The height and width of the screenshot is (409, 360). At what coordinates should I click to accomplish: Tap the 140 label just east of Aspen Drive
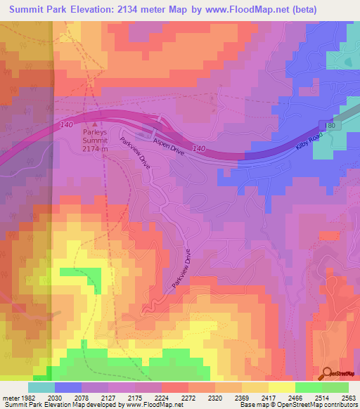coord(199,149)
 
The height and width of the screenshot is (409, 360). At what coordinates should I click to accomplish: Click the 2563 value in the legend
coord(348,398)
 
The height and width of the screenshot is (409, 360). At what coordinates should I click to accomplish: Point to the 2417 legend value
coord(269,398)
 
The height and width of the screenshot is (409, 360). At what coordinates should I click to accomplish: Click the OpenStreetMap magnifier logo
coord(328,373)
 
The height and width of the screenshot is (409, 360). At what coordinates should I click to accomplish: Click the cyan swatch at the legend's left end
coord(41,387)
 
